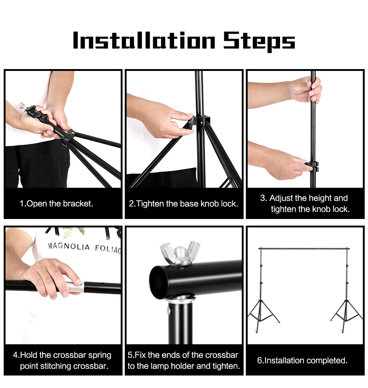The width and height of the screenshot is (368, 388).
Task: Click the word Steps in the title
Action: coord(259,41)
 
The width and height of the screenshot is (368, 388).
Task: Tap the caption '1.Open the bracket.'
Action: coord(56,204)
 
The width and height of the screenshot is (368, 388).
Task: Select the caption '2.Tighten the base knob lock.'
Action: coord(183,204)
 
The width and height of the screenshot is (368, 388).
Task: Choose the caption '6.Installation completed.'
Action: coord(302,360)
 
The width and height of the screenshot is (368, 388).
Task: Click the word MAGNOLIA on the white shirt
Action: coord(69,247)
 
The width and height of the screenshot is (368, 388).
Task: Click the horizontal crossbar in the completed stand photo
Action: coord(304,249)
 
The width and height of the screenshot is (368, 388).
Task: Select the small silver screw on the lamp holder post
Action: coord(169,311)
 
